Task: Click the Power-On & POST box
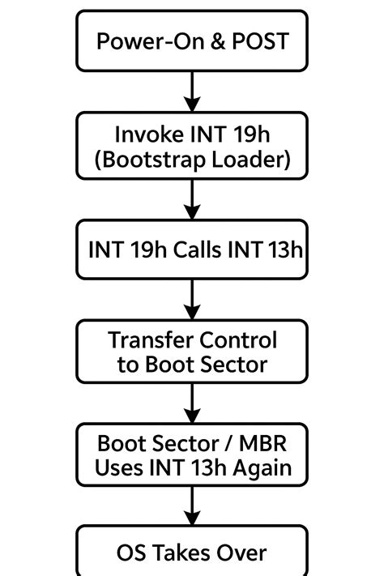[x=192, y=41]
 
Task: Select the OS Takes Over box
[x=192, y=553]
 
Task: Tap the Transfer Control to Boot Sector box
[x=192, y=352]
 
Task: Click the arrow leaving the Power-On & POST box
[x=192, y=91]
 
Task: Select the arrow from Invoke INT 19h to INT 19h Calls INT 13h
[x=192, y=198]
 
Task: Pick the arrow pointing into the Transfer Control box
[x=192, y=300]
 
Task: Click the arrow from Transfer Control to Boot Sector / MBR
[x=192, y=403]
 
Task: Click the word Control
[x=238, y=340]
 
